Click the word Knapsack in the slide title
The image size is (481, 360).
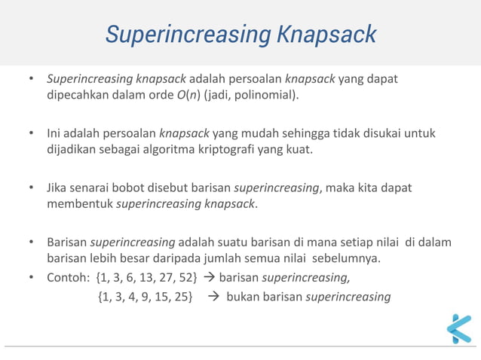[326, 35]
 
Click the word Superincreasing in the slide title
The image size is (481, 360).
[186, 35]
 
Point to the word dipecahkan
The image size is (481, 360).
[76, 96]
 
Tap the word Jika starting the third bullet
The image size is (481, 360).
[58, 188]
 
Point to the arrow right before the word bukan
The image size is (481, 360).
[213, 296]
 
